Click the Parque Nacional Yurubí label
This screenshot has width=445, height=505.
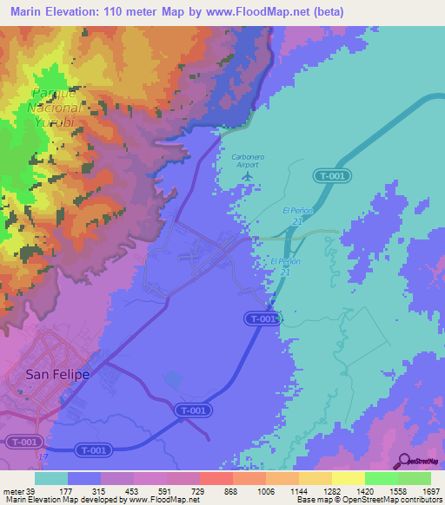[56, 108]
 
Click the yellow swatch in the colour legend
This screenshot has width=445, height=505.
[349, 478]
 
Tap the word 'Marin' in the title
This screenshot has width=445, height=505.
[30, 12]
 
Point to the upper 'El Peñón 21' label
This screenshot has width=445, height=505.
[296, 216]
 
